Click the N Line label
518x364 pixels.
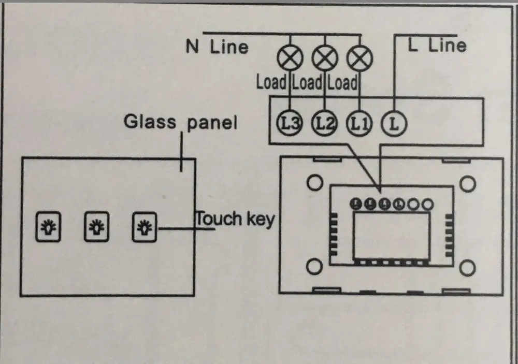tap(217, 47)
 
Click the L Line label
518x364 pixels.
tap(437, 45)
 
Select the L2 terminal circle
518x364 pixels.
tap(324, 123)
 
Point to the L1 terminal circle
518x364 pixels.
tap(358, 123)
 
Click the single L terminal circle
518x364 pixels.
tap(394, 123)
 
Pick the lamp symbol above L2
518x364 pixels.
tap(324, 58)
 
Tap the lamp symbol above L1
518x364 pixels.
tap(359, 58)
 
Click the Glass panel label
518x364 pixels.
tap(180, 122)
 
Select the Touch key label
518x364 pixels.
tap(234, 219)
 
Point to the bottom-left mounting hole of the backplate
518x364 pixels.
tap(313, 267)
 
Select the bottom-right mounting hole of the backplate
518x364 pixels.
tap(468, 267)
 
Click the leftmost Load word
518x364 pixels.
tap(271, 82)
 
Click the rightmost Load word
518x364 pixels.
tap(342, 82)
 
